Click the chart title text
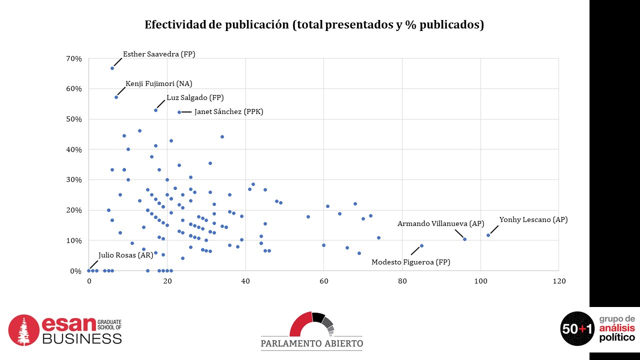click(314, 25)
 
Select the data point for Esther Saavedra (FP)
click(112, 68)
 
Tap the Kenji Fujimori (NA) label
click(158, 83)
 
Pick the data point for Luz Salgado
click(155, 110)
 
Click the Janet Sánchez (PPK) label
click(228, 112)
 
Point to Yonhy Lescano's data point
click(488, 235)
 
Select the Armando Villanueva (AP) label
click(440, 223)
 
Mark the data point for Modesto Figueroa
click(421, 245)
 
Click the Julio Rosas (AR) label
click(125, 255)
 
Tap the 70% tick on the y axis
click(74, 58)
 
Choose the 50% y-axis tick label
click(74, 119)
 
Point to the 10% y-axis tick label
click(74, 240)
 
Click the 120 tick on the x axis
click(558, 281)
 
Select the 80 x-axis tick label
click(402, 281)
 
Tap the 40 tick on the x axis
click(245, 281)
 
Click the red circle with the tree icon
click(24, 330)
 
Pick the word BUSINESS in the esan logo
click(81, 338)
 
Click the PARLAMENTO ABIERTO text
click(311, 343)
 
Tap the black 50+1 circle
click(577, 328)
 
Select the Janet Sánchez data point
click(179, 112)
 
